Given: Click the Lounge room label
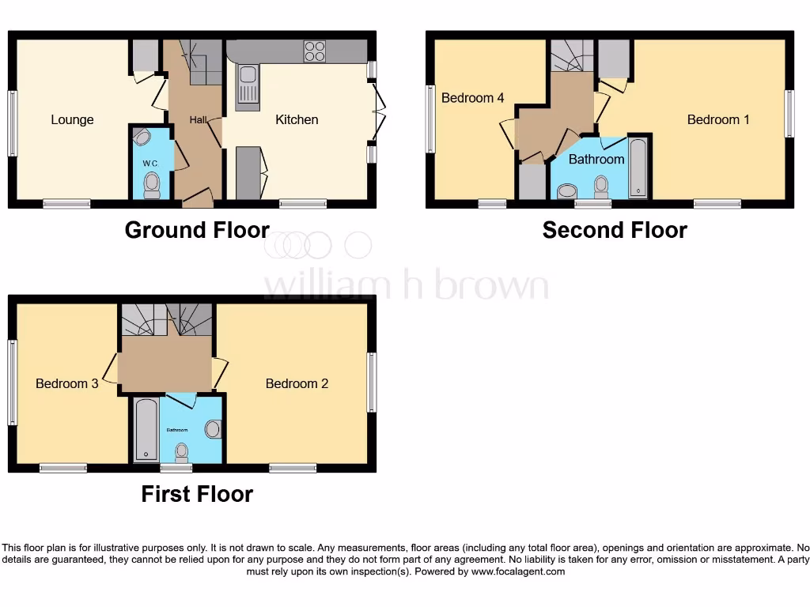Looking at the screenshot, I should [x=72, y=120].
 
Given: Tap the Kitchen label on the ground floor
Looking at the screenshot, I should [x=297, y=120].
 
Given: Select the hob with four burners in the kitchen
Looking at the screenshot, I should [x=314, y=51].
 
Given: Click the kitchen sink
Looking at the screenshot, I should [x=248, y=83].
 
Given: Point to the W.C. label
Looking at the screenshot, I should [x=150, y=164].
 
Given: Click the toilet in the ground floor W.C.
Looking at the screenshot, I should [x=151, y=185].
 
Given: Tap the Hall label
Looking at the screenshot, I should [x=198, y=120].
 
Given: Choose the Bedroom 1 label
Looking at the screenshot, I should [x=718, y=120].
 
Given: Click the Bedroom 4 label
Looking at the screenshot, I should [x=472, y=98].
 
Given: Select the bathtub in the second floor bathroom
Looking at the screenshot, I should [x=638, y=168].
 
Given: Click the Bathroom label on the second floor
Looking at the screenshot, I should [x=596, y=159].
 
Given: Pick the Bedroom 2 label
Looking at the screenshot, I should [x=297, y=383].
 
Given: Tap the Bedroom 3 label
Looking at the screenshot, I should [x=67, y=383].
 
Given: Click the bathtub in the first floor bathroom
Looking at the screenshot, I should [x=146, y=429].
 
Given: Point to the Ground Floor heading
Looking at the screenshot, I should [x=197, y=230].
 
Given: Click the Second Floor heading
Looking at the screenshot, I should [x=615, y=230].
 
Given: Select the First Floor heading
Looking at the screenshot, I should [x=197, y=494].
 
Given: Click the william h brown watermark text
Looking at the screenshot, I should [x=406, y=286].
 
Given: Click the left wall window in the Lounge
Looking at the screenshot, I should [x=12, y=123].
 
